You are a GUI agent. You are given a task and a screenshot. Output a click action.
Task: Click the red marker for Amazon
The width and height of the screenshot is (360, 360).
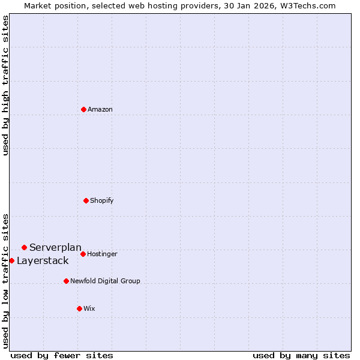[83, 109]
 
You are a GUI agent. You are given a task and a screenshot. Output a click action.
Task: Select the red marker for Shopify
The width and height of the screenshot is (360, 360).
[86, 200]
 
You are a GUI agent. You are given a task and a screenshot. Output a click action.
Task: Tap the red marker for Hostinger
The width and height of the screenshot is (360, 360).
[83, 254]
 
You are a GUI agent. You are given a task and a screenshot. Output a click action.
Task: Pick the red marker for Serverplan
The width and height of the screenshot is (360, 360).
[24, 247]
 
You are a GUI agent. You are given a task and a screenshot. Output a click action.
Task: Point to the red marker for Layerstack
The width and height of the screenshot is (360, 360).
[11, 260]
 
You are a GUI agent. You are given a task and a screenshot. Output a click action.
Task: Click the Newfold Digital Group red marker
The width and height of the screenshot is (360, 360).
[66, 281]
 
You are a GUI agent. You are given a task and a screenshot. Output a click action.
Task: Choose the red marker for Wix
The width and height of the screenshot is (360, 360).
[79, 308]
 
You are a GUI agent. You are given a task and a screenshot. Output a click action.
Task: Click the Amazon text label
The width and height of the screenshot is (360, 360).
[100, 110]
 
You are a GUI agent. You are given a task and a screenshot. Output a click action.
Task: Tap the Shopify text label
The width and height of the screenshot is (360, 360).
[102, 200]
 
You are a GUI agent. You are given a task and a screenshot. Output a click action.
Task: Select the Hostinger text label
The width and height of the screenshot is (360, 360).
[103, 254]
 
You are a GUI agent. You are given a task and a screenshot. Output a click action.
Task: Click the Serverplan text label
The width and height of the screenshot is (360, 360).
[55, 248]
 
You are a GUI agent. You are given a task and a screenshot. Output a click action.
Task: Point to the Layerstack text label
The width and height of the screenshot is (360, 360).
[43, 261]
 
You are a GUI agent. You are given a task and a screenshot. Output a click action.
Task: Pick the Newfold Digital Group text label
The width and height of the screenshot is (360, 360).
[105, 281]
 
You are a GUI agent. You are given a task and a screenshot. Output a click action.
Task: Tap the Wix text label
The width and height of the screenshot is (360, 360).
[89, 309]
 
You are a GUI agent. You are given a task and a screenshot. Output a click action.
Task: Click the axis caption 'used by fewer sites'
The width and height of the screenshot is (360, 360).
[62, 355]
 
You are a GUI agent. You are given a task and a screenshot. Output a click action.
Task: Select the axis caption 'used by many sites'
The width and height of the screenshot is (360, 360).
[301, 355]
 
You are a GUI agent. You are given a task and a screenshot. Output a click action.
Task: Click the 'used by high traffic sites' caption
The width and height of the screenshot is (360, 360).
[5, 85]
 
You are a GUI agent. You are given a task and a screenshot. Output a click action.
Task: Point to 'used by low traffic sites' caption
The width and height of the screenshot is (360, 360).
[5, 280]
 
